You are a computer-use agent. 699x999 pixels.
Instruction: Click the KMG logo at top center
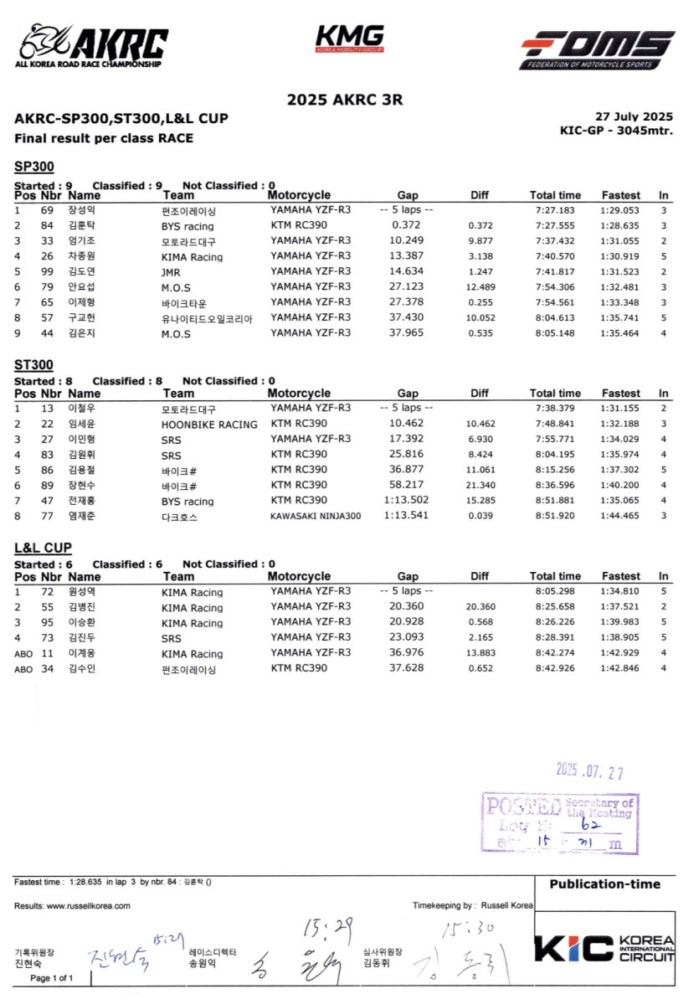click(x=349, y=39)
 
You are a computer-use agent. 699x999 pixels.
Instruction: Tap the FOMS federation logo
click(x=597, y=49)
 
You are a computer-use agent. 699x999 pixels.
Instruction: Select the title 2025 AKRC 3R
click(x=345, y=100)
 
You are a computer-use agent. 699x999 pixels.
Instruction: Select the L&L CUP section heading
click(x=43, y=548)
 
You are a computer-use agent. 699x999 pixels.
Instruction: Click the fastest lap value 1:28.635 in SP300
click(x=620, y=226)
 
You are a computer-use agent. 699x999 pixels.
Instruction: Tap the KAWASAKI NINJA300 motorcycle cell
click(x=316, y=516)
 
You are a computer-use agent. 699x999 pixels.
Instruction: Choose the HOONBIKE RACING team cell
click(x=209, y=425)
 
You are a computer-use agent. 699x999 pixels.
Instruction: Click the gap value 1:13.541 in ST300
click(x=405, y=516)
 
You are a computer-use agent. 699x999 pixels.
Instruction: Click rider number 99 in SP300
click(x=47, y=272)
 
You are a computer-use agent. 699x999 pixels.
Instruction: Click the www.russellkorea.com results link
click(x=88, y=906)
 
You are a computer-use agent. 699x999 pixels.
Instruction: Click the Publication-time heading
click(x=604, y=884)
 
